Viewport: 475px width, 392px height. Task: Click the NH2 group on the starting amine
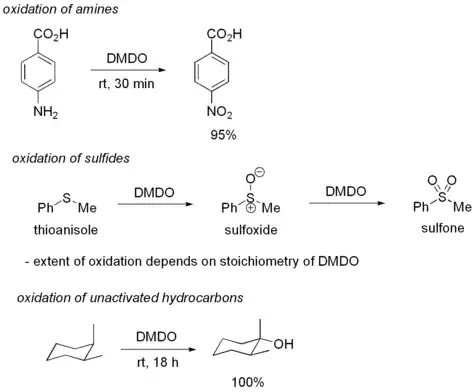click(x=46, y=112)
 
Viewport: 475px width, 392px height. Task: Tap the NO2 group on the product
click(x=219, y=112)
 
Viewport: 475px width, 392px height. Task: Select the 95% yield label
click(x=223, y=135)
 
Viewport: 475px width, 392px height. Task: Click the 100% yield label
click(x=248, y=382)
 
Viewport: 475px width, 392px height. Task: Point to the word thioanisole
click(x=66, y=230)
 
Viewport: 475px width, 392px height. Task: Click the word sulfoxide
click(x=251, y=230)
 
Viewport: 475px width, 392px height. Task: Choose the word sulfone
click(x=443, y=228)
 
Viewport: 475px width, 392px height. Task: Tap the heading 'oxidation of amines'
click(x=60, y=9)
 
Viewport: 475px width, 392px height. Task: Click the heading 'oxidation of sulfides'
click(x=71, y=158)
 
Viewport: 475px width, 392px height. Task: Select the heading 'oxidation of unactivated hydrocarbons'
click(x=130, y=297)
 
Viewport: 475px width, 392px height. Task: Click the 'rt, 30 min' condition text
click(x=126, y=83)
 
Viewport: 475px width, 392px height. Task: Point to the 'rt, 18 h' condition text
click(x=158, y=362)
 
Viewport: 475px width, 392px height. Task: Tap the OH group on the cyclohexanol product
click(x=283, y=344)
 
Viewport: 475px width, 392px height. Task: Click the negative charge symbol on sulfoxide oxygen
click(x=261, y=172)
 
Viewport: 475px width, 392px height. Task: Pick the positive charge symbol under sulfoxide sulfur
click(x=252, y=208)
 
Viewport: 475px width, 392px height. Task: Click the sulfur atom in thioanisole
click(x=67, y=198)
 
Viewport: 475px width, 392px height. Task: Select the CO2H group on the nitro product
click(x=224, y=34)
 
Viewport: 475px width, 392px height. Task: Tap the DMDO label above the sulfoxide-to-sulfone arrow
click(x=346, y=191)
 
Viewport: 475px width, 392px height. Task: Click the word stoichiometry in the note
click(x=260, y=261)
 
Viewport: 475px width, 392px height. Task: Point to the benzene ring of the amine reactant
click(x=38, y=71)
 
